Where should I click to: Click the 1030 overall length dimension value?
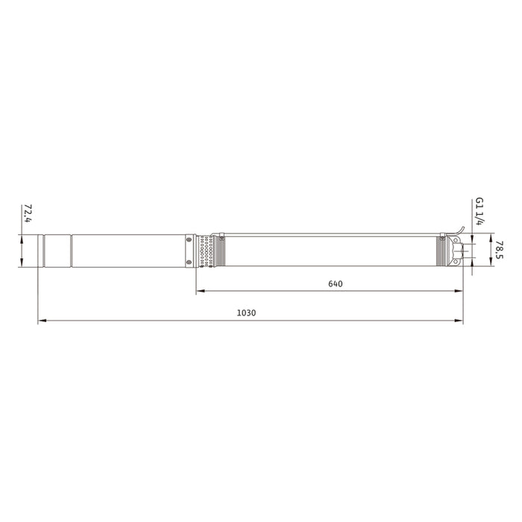click(x=246, y=313)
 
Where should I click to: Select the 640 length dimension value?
click(x=336, y=284)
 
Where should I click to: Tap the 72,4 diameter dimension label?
click(x=28, y=213)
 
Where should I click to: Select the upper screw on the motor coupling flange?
click(x=189, y=239)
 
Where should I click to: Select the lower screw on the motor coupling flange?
click(x=189, y=262)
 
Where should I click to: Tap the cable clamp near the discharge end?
click(x=443, y=237)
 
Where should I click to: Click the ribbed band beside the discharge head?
click(x=439, y=251)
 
